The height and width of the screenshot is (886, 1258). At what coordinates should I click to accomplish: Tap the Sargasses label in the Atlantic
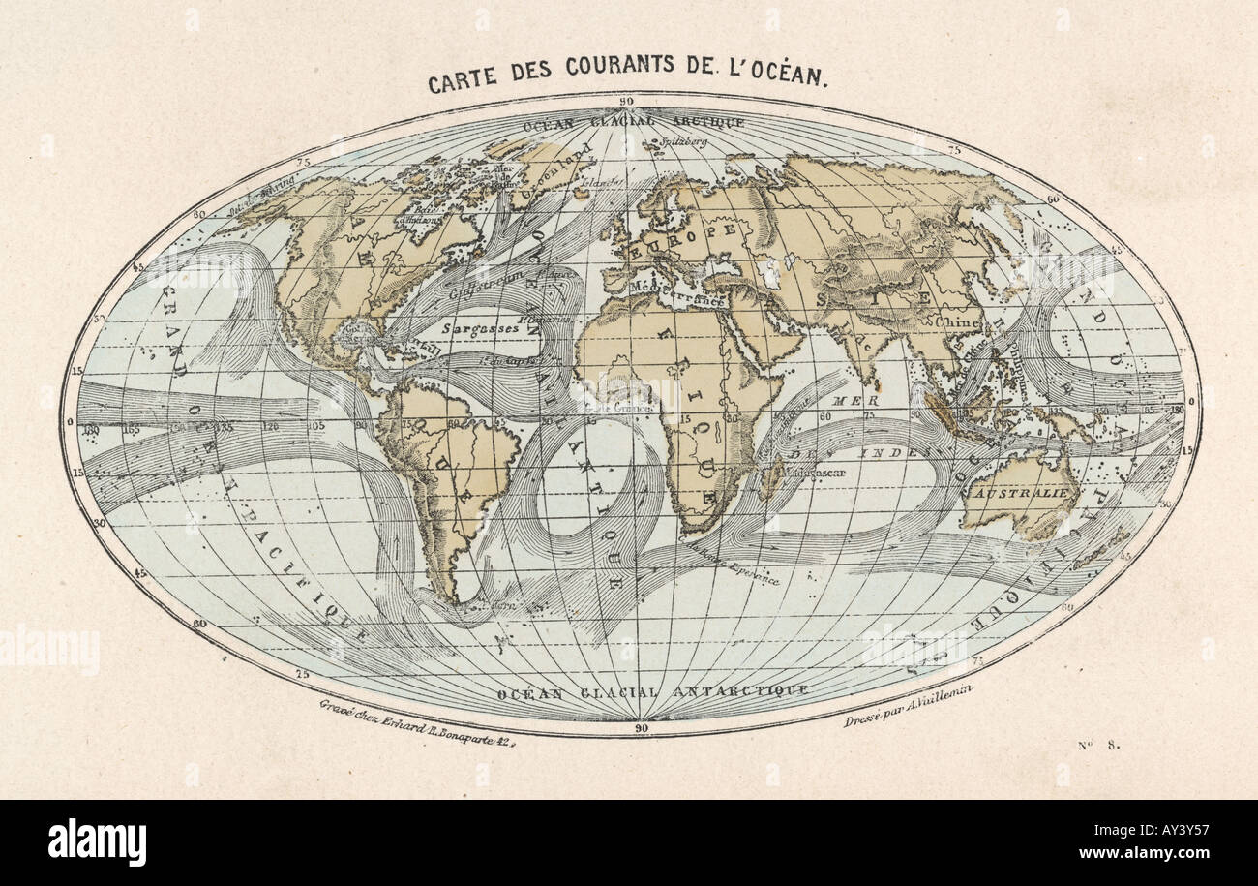point(478,328)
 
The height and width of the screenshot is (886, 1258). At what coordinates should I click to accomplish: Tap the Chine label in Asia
point(958,321)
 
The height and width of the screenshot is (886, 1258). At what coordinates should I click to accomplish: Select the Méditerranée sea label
point(677,294)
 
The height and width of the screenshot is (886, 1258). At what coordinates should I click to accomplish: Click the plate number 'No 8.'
point(1097,745)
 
